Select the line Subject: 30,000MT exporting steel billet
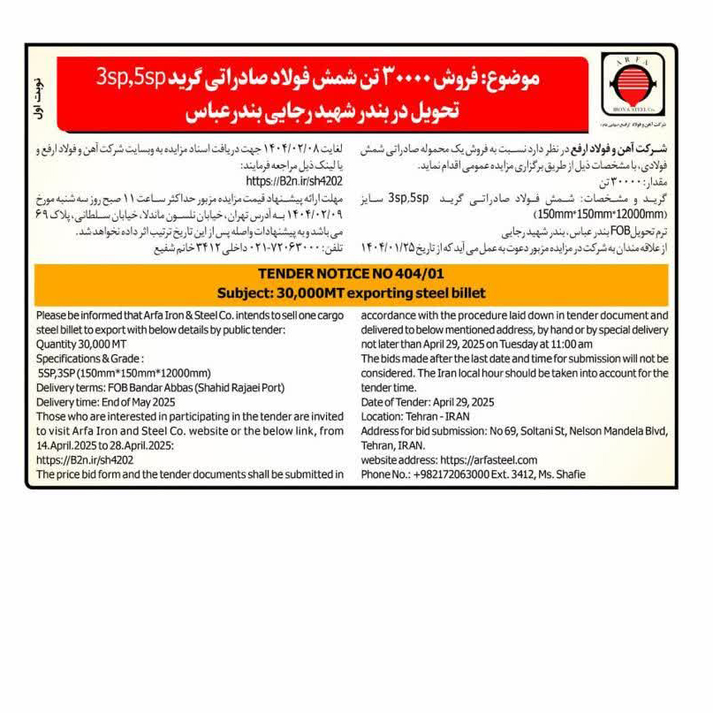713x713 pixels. (351, 292)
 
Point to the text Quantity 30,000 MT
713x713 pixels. (81, 344)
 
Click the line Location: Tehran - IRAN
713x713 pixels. (415, 416)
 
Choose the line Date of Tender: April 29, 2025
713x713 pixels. (428, 402)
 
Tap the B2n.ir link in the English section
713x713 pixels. (85, 459)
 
